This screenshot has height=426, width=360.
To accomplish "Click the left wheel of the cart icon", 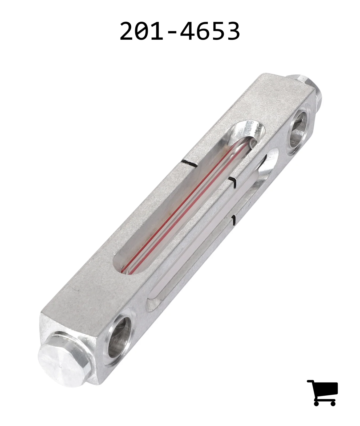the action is [x=317, y=403].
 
